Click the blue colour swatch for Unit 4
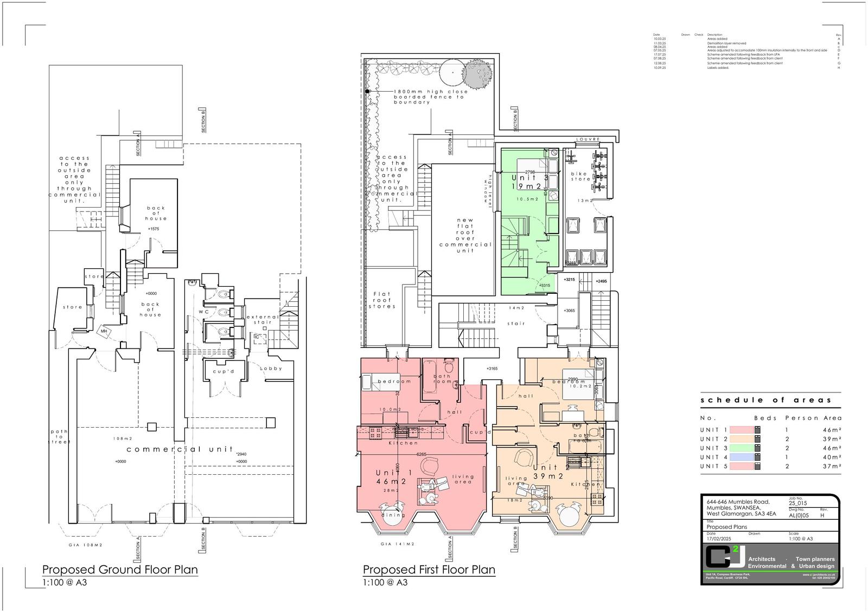741,457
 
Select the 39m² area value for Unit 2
832,439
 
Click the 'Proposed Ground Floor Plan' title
120,570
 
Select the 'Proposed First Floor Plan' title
429,570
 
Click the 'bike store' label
580,176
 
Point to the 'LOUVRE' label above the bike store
588,139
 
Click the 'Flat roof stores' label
382,300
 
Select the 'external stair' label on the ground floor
263,319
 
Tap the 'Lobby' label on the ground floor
271,369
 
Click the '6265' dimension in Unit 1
421,454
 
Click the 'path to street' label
60,437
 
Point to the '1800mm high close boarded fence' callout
430,96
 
